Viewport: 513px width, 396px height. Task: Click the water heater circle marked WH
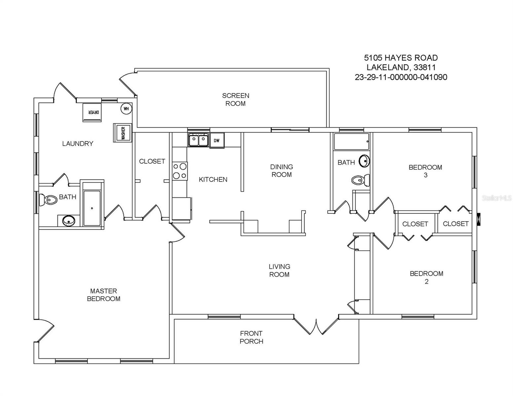coord(126,109)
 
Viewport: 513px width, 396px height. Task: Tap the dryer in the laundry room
coord(92,113)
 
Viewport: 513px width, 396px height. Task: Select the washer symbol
coord(123,133)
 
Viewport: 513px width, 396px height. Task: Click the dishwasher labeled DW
coord(217,141)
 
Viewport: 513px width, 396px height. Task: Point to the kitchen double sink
coord(198,140)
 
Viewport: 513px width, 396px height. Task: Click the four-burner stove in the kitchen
coord(180,171)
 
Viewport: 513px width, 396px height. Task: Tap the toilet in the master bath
coord(48,200)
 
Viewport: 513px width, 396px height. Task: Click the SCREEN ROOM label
coord(236,100)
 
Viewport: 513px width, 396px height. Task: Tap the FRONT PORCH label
coord(251,337)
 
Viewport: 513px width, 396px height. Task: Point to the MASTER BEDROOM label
coord(104,295)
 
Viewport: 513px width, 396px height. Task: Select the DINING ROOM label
coord(281,171)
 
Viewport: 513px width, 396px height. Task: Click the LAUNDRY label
coord(78,144)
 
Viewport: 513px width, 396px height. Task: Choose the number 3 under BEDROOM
coord(425,175)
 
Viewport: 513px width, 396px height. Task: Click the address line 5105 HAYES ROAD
coord(401,58)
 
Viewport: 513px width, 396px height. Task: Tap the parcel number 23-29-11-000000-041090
coord(401,77)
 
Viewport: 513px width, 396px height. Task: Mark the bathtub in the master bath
coord(92,208)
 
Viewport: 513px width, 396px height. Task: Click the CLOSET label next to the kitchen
coord(152,161)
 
